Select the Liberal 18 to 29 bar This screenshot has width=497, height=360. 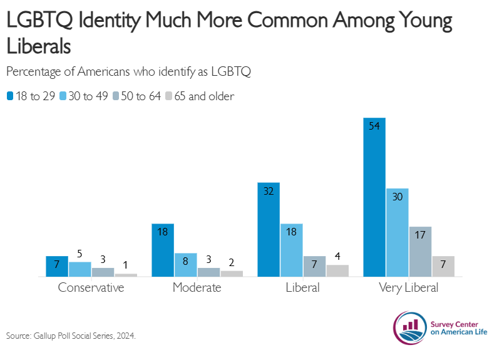click(x=269, y=229)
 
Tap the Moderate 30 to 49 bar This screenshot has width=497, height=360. click(x=186, y=264)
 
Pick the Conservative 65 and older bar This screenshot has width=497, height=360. click(x=126, y=274)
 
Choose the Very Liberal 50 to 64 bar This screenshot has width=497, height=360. click(x=420, y=251)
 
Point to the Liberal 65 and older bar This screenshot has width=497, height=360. click(x=337, y=270)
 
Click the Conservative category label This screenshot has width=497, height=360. click(x=91, y=288)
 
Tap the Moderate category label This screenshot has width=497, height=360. click(x=197, y=288)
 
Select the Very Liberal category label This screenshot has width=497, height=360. click(x=409, y=288)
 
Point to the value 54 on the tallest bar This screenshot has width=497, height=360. click(x=374, y=126)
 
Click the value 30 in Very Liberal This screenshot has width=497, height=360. click(x=397, y=197)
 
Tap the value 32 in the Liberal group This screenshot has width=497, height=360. click(x=269, y=191)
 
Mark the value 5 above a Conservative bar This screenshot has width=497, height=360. click(x=79, y=254)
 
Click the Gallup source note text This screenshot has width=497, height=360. click(x=71, y=336)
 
